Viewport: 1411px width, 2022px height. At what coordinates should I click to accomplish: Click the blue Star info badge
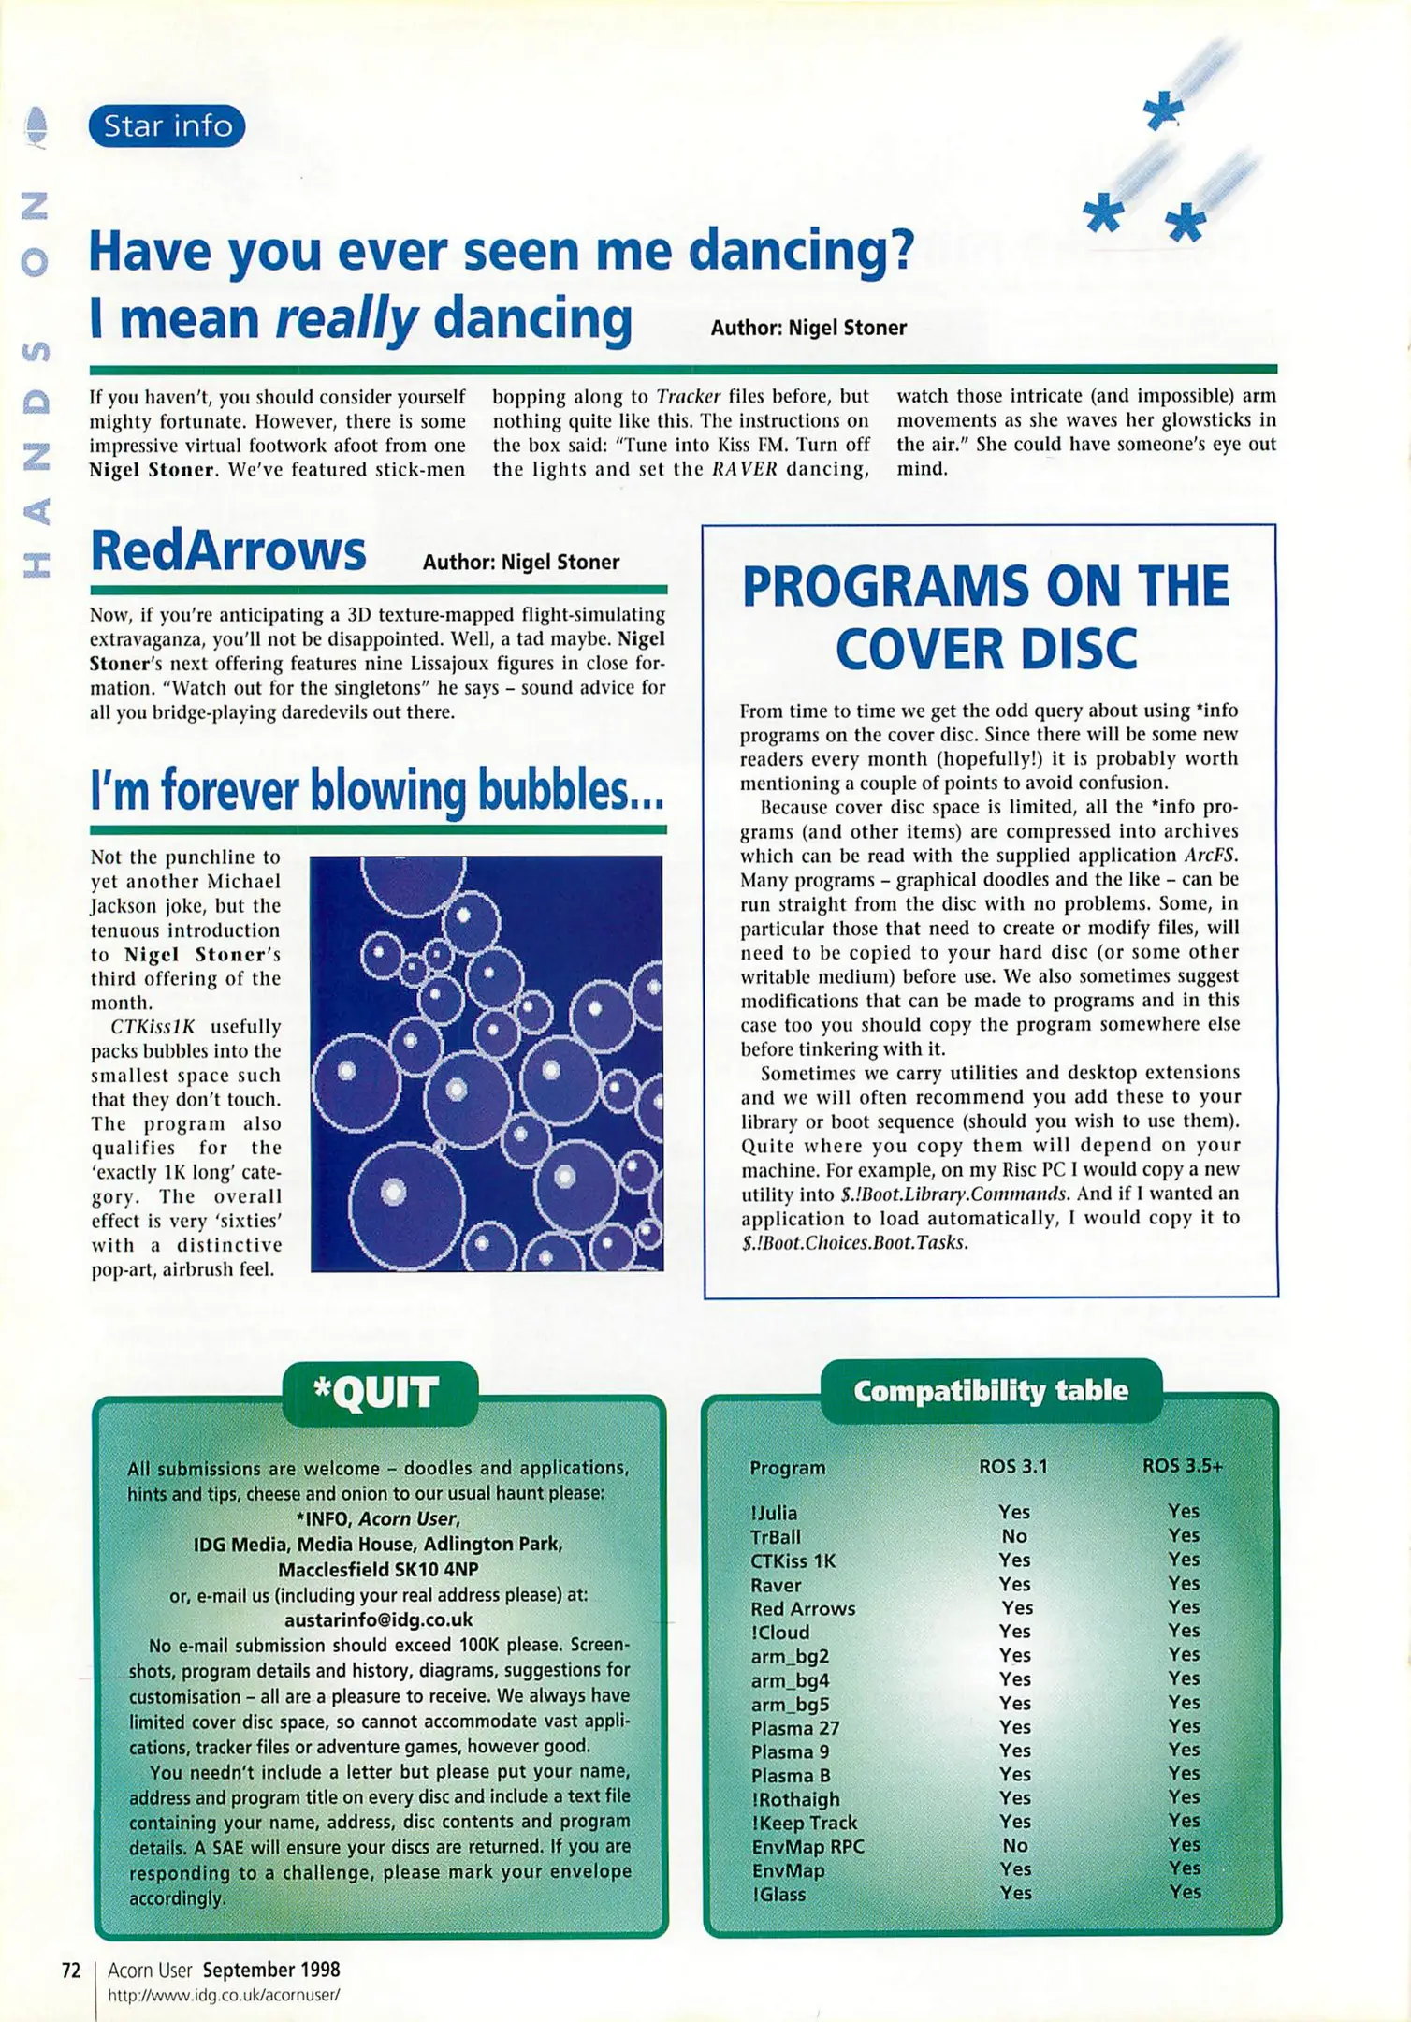point(167,125)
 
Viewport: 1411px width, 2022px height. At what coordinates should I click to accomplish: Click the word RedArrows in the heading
point(228,551)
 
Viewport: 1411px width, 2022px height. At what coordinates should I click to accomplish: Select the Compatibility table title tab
point(990,1391)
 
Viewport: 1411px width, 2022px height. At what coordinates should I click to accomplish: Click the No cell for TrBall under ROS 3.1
point(1014,1536)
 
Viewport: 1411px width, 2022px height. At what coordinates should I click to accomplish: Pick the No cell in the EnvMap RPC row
point(1015,1845)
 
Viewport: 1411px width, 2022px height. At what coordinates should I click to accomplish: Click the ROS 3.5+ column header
point(1182,1466)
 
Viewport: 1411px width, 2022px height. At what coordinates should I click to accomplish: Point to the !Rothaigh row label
point(795,1799)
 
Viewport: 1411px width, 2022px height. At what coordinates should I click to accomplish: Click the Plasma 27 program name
point(795,1728)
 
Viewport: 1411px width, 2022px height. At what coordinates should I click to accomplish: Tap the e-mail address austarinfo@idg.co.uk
point(378,1619)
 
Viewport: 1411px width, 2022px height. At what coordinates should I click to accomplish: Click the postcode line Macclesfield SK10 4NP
point(378,1569)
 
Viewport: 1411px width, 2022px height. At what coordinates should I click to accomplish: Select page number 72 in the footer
point(71,1971)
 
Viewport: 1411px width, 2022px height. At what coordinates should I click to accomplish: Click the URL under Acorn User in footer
point(223,1995)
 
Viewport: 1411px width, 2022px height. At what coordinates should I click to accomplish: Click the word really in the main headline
point(346,319)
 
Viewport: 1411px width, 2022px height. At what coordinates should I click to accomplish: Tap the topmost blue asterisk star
point(1163,111)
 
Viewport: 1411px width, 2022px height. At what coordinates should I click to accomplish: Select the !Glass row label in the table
point(778,1894)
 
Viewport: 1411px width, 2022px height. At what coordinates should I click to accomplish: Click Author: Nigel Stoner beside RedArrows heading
point(520,563)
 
